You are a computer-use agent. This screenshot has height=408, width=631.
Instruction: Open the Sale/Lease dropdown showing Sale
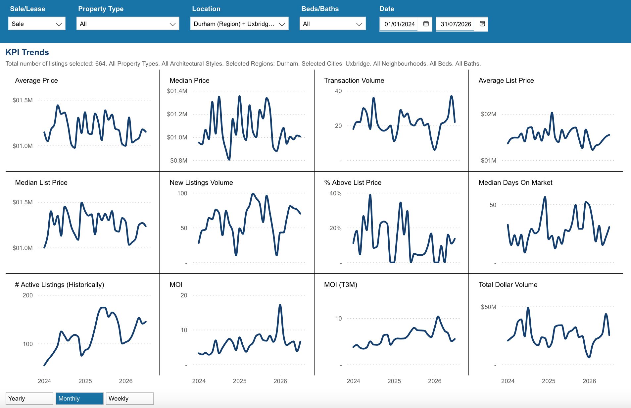pyautogui.click(x=37, y=24)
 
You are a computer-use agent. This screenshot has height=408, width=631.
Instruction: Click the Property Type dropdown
pyautogui.click(x=128, y=24)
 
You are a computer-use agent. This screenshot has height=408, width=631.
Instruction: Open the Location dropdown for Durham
pyautogui.click(x=239, y=24)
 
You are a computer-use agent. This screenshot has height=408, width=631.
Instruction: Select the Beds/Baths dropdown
pyautogui.click(x=333, y=24)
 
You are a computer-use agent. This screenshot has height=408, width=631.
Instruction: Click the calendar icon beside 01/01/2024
pyautogui.click(x=426, y=24)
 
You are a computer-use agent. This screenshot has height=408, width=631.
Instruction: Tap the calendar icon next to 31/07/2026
pyautogui.click(x=482, y=24)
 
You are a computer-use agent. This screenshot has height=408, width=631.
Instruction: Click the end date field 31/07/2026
pyautogui.click(x=456, y=24)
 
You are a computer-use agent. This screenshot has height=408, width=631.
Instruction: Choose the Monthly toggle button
pyautogui.click(x=79, y=398)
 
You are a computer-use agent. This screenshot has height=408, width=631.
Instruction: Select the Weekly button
pyautogui.click(x=129, y=398)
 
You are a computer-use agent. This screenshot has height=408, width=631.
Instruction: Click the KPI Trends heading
pyautogui.click(x=27, y=52)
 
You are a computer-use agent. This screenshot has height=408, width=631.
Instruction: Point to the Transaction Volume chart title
pyautogui.click(x=354, y=80)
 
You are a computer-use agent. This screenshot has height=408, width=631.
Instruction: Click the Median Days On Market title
pyautogui.click(x=515, y=182)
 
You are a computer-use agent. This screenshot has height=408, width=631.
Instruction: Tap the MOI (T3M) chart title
pyautogui.click(x=340, y=284)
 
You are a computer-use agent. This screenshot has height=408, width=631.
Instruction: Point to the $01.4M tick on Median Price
pyautogui.click(x=177, y=91)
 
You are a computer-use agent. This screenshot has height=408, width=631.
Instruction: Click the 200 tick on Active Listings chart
pyautogui.click(x=27, y=295)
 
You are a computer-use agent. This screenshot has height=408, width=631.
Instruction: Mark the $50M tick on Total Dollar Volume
pyautogui.click(x=489, y=307)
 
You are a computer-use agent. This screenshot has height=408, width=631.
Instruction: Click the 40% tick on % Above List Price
pyautogui.click(x=335, y=193)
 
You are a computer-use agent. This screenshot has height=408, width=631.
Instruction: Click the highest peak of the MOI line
pyautogui.click(x=280, y=305)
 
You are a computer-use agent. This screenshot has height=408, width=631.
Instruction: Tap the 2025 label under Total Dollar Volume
pyautogui.click(x=549, y=381)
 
